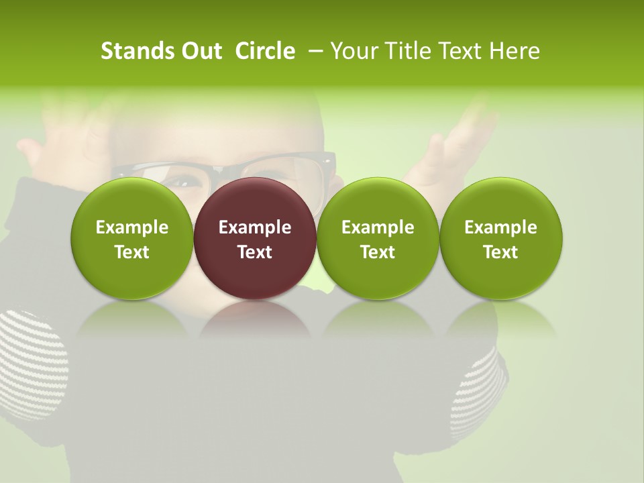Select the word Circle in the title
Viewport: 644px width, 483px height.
265,51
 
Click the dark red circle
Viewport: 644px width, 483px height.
255,201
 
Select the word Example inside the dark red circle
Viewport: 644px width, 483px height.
255,227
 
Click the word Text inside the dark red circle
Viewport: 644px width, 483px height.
255,252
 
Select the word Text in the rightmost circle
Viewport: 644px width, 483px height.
501,252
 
